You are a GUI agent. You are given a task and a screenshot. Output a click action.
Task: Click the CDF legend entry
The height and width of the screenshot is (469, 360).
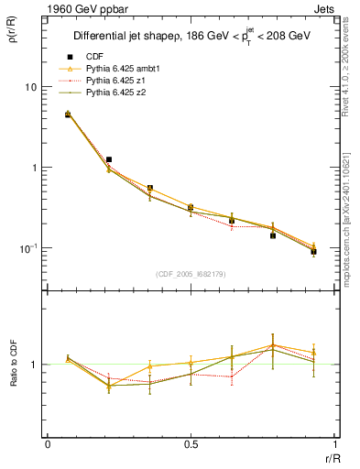tap(93, 58)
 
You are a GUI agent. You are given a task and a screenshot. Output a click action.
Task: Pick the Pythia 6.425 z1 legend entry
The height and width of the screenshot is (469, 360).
tap(114, 82)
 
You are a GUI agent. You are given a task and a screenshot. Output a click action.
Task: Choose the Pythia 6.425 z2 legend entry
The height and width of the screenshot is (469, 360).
tap(114, 93)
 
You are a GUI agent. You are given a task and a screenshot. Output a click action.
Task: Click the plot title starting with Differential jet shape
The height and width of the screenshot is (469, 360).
tap(191, 37)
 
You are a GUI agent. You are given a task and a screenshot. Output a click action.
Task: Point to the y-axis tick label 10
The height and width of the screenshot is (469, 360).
tap(30, 87)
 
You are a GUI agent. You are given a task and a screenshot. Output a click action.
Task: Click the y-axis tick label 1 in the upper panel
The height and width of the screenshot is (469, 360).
tap(34, 168)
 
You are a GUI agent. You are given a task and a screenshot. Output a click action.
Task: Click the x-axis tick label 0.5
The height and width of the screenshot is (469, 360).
tap(190, 444)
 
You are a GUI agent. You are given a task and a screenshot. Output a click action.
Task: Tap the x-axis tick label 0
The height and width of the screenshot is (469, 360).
tap(47, 444)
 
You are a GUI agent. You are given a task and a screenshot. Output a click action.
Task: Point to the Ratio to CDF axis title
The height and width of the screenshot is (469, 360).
tap(12, 365)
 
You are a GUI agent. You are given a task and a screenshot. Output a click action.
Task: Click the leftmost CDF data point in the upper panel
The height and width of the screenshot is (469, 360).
tap(68, 115)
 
